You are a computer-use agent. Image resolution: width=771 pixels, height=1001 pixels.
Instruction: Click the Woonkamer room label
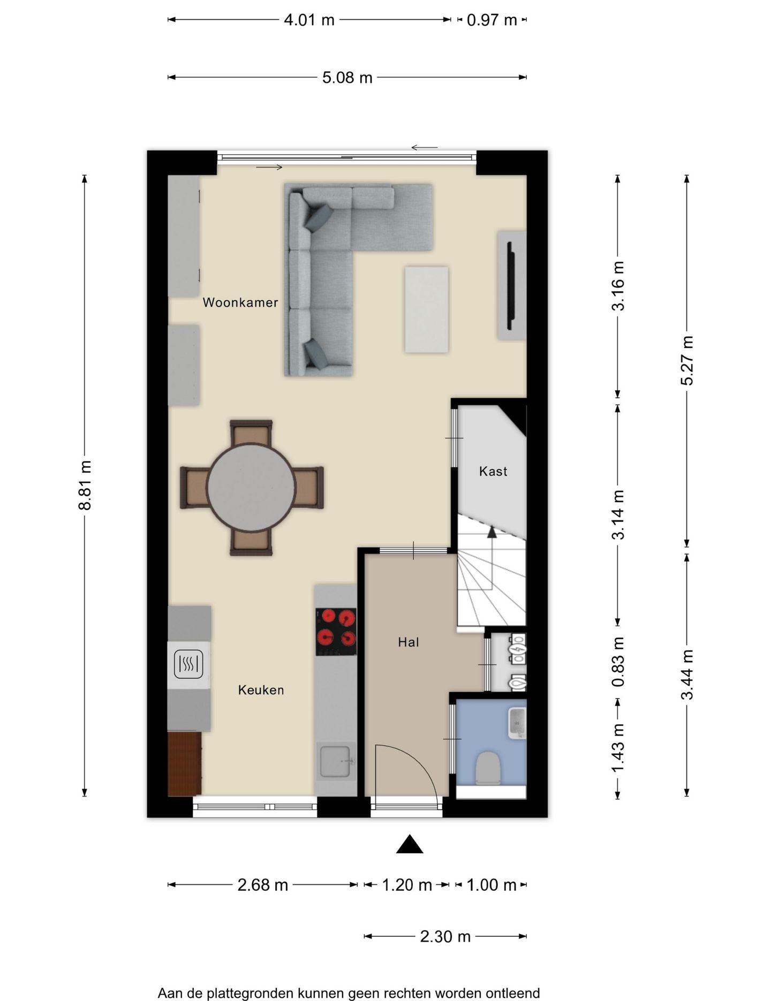pos(240,302)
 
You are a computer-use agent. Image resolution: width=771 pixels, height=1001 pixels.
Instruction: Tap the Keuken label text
pos(261,690)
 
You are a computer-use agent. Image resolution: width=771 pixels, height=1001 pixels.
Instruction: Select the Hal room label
pos(408,642)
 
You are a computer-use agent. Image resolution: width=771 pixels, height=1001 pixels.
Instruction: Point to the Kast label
pos(493,471)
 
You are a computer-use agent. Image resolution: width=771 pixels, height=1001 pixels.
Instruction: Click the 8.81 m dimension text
pos(85,485)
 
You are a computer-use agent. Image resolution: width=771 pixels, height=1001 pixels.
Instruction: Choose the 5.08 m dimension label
pos(347,78)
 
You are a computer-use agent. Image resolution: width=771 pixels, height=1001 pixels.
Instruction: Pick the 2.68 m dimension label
pos(262,885)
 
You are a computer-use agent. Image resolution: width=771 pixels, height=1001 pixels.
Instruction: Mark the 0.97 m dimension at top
pos(492,20)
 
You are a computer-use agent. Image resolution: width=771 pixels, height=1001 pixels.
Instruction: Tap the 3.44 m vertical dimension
pos(687,674)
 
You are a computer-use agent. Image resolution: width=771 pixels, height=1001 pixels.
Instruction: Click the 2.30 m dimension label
pos(445,936)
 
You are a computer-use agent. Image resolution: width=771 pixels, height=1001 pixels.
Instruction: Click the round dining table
pos(251,487)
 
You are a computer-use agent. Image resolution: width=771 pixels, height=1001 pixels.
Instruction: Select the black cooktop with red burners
pos(336,632)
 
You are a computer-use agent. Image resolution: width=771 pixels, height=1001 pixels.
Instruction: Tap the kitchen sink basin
pos(336,761)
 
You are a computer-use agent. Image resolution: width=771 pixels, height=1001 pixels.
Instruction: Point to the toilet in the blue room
pos(488,768)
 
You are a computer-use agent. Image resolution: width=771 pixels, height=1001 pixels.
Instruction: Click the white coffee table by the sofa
pos(426,309)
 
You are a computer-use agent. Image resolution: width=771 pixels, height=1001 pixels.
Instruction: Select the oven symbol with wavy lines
pos(188,664)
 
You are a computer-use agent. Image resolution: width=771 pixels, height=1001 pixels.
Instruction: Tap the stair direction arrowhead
pos(492,531)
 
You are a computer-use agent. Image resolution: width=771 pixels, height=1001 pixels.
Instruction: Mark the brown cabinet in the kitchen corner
pos(184,763)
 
